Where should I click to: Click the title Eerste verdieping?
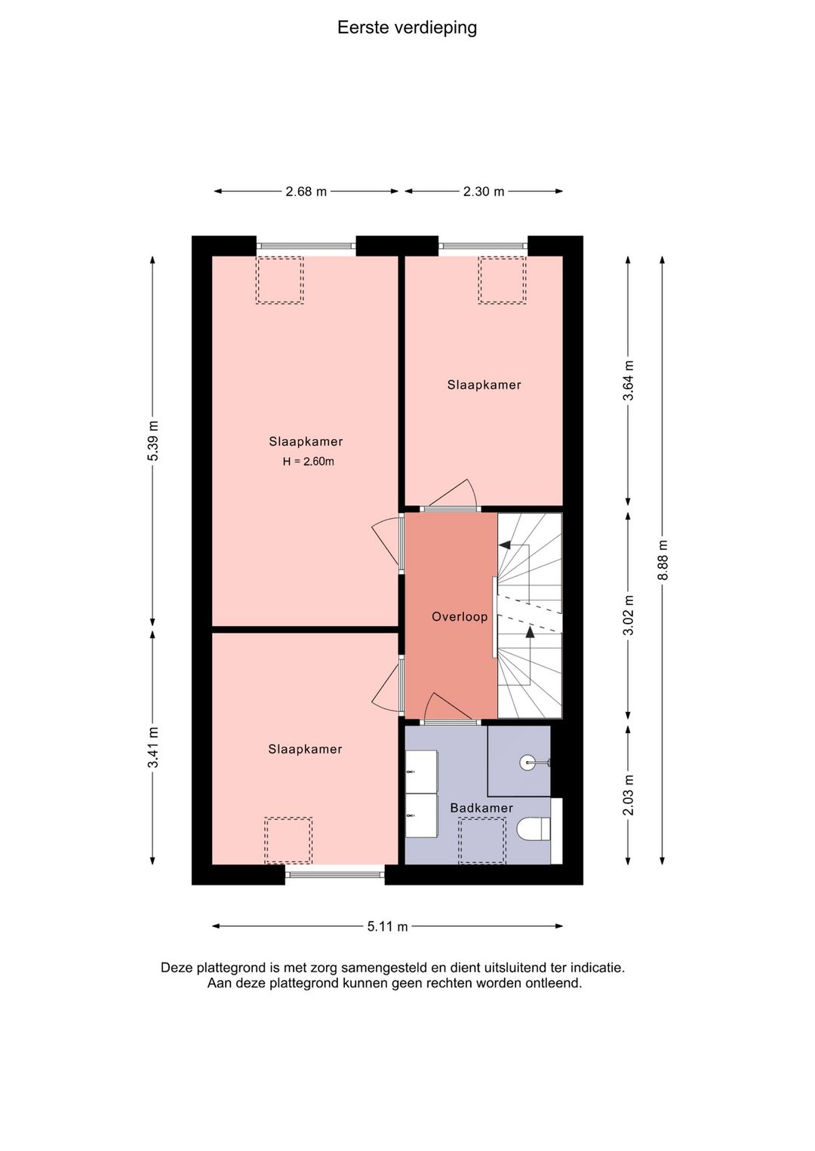(x=407, y=28)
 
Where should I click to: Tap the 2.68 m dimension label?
(x=306, y=192)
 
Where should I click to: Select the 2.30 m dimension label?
(x=484, y=192)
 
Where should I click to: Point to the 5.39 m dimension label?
(x=152, y=441)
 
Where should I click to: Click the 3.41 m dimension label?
(x=152, y=747)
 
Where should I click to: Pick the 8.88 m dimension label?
(x=663, y=560)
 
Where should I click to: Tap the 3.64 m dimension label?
(x=628, y=381)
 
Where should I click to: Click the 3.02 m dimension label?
(x=628, y=615)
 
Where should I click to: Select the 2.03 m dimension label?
(x=628, y=795)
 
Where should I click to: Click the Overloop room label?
(x=459, y=617)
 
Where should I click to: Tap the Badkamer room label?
(x=481, y=808)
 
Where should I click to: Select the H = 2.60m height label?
(x=308, y=462)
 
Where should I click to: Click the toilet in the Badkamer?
(x=533, y=830)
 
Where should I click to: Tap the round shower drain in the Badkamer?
(x=527, y=762)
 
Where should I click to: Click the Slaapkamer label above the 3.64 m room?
(x=484, y=385)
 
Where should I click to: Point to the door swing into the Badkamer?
(x=446, y=707)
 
